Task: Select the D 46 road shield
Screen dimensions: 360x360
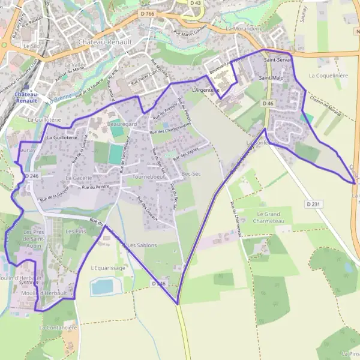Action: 268,104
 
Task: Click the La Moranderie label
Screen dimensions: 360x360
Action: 245,28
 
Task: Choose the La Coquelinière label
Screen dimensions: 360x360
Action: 328,76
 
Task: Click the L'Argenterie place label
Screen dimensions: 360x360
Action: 205,90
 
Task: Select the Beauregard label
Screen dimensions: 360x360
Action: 122,124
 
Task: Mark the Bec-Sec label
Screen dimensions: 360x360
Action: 190,173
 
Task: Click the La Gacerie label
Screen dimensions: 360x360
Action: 79,178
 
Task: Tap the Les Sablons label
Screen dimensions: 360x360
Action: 142,245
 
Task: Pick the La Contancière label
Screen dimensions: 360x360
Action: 58,328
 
